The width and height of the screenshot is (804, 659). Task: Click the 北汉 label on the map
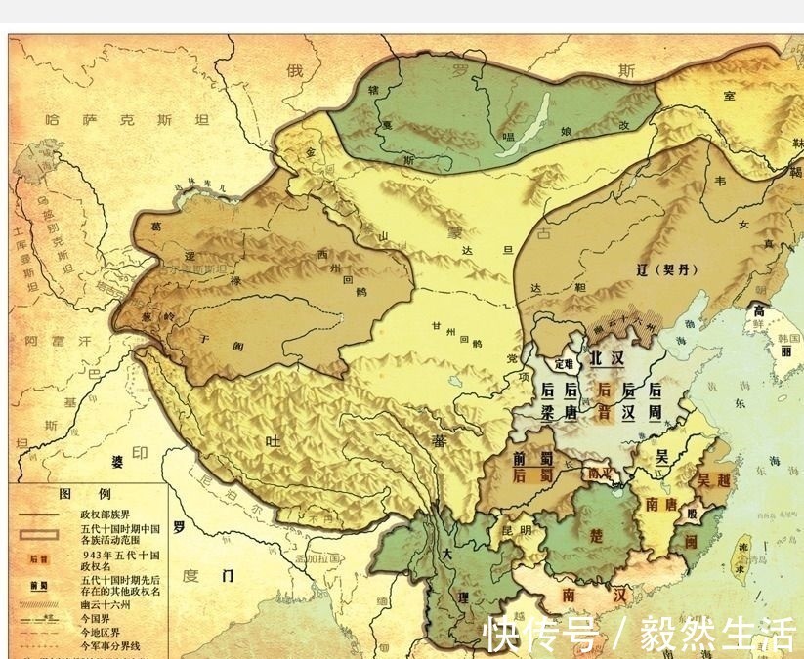coord(605,358)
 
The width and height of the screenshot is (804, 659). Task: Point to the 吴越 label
coord(713,480)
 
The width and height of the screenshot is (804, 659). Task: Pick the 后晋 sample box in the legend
coord(39,559)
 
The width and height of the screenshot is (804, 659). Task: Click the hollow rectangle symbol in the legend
coord(40,533)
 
